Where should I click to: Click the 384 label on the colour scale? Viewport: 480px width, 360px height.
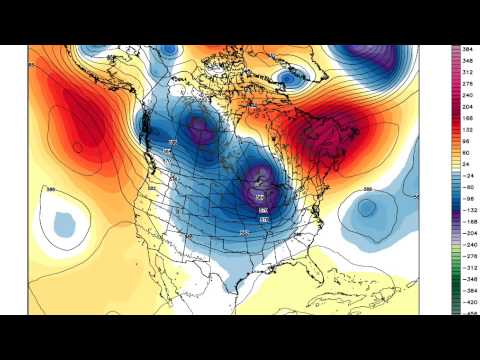[467, 49]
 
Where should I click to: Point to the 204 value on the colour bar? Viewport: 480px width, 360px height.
[467, 103]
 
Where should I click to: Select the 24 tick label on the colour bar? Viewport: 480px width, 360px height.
[466, 157]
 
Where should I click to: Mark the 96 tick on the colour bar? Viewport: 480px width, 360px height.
[466, 139]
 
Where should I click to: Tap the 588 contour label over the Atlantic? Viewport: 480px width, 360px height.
[367, 188]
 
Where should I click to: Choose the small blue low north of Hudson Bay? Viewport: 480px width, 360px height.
[287, 75]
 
